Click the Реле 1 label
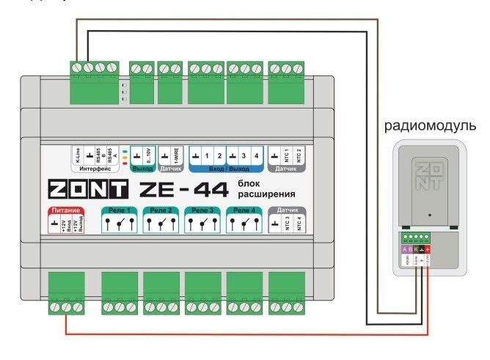pyautogui.click(x=118, y=211)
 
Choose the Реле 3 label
pyautogui.click(x=201, y=211)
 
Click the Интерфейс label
pyautogui.click(x=93, y=168)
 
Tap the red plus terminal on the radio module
pyautogui.click(x=428, y=250)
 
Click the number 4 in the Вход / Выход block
pyautogui.click(x=255, y=155)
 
